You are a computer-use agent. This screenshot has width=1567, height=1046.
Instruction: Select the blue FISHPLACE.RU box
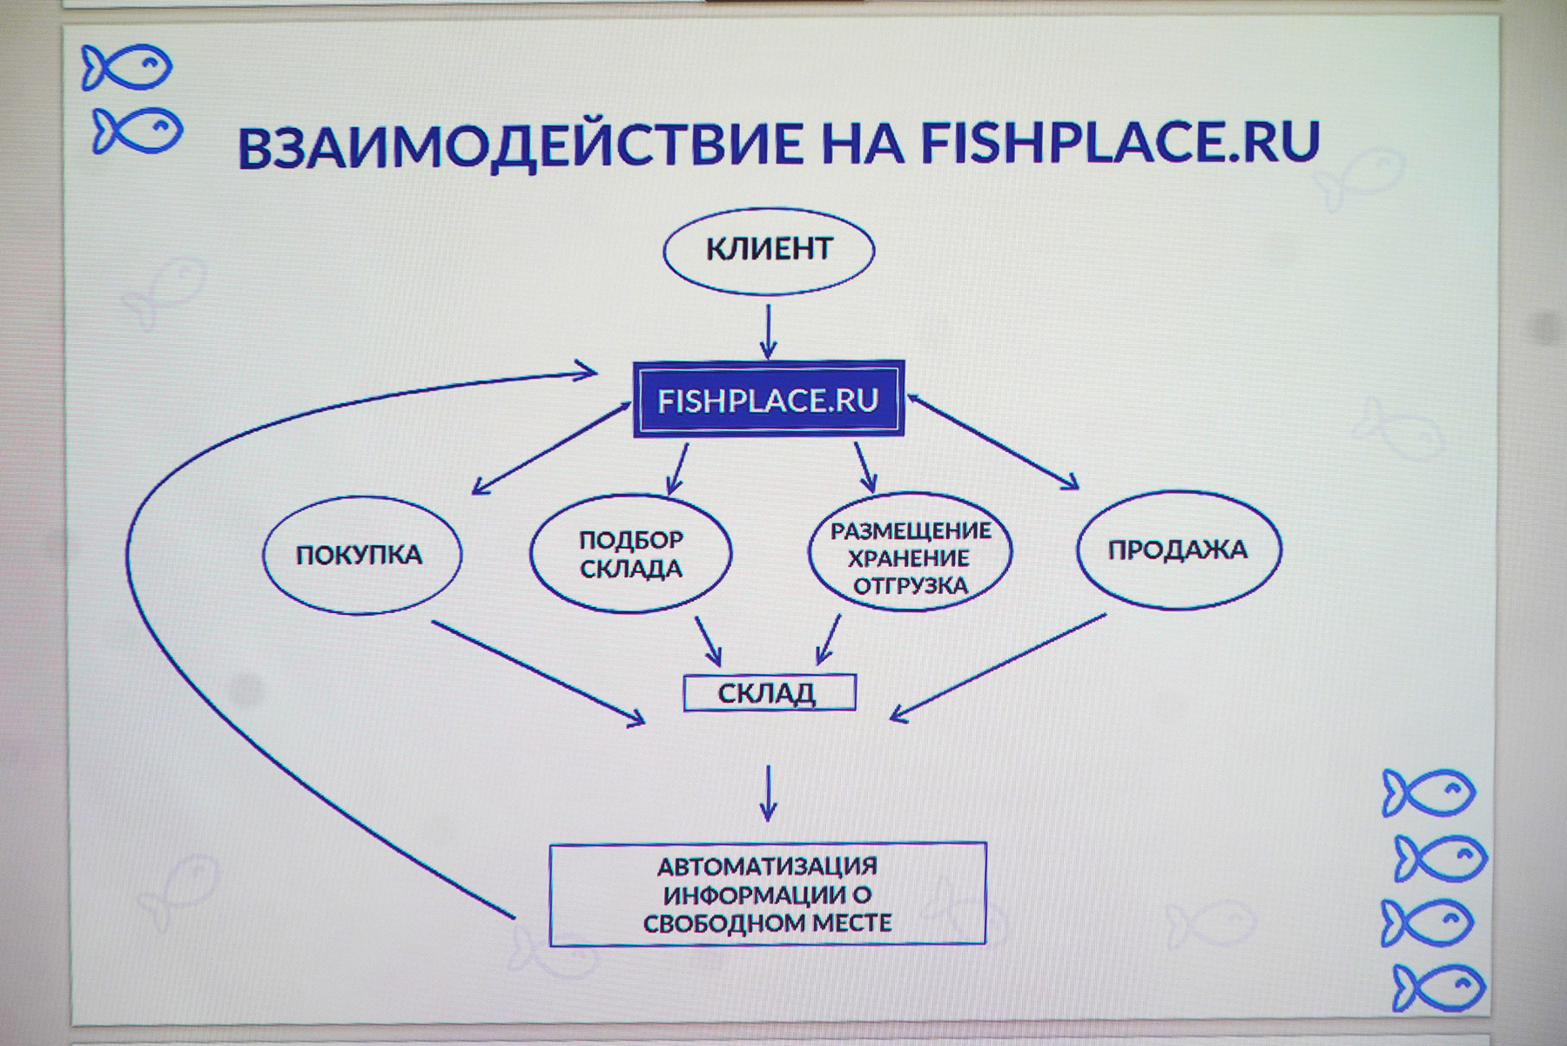(x=769, y=399)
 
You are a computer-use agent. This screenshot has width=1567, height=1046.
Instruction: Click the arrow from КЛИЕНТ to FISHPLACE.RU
(x=768, y=330)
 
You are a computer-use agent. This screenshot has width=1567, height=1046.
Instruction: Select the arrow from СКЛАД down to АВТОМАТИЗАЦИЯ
(x=768, y=793)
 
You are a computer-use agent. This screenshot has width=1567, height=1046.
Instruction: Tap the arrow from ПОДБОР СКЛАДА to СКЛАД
(x=708, y=641)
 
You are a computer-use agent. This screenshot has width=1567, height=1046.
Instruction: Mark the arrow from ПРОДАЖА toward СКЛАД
(x=998, y=668)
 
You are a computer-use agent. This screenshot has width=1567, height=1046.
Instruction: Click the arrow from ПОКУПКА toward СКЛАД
(x=539, y=672)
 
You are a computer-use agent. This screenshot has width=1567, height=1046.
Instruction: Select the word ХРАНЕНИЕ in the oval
(x=909, y=557)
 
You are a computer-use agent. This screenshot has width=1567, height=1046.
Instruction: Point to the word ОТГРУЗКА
(x=911, y=585)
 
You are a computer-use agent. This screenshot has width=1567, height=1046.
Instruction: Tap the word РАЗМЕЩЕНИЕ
(x=911, y=530)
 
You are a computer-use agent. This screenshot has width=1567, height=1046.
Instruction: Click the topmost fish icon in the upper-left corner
(x=127, y=67)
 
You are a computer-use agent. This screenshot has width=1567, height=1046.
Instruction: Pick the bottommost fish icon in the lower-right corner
(x=1438, y=988)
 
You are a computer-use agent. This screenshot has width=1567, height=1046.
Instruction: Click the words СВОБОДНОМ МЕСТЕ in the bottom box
(x=768, y=923)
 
